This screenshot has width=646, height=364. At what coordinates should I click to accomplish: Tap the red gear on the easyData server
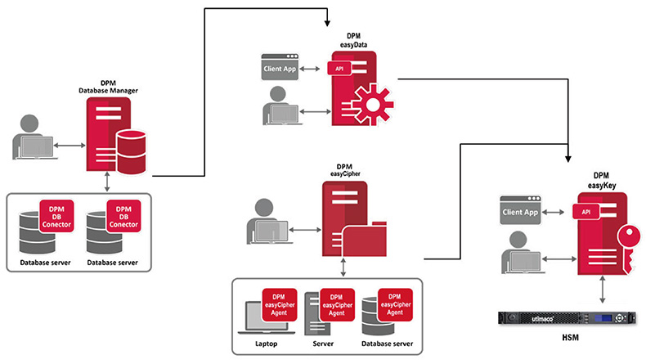point(372,106)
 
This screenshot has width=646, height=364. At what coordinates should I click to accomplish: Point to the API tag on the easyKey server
point(585,212)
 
